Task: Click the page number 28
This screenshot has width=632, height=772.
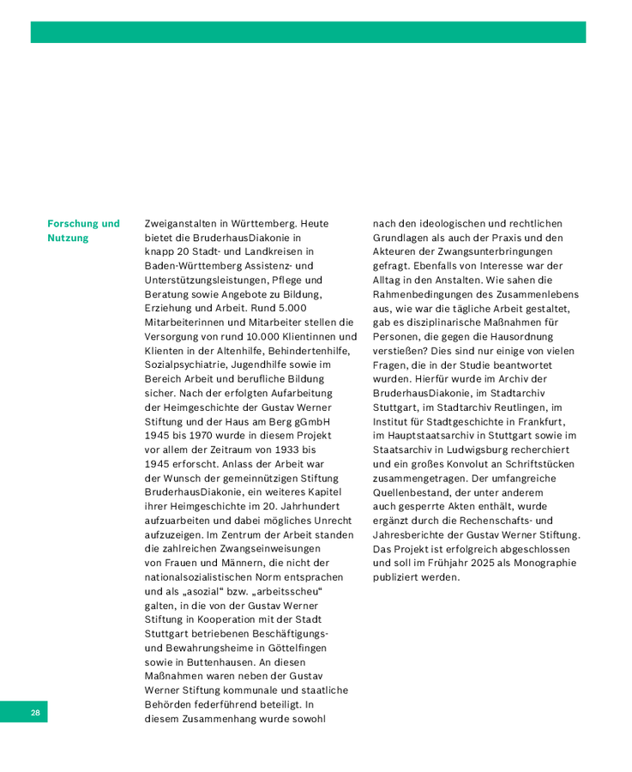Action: click(36, 713)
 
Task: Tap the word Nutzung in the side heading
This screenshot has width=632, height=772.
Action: click(68, 238)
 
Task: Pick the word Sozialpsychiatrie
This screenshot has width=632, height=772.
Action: click(184, 365)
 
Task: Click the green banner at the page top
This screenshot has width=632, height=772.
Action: click(308, 33)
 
